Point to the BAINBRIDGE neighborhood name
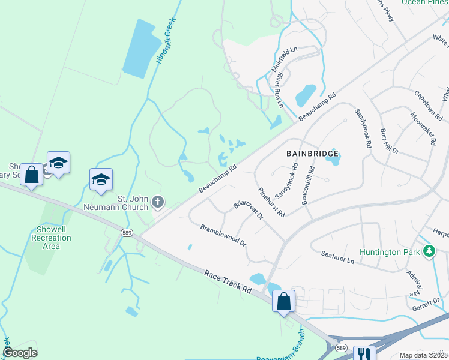[x=313, y=154]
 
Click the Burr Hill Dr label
[x=388, y=141]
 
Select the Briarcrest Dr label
[x=248, y=209]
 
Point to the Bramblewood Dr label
[x=223, y=235]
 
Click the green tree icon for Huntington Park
[x=429, y=252]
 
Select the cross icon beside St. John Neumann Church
[x=158, y=202]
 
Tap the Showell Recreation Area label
[x=51, y=238]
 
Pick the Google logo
[x=20, y=353]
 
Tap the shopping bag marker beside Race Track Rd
[x=283, y=301]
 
